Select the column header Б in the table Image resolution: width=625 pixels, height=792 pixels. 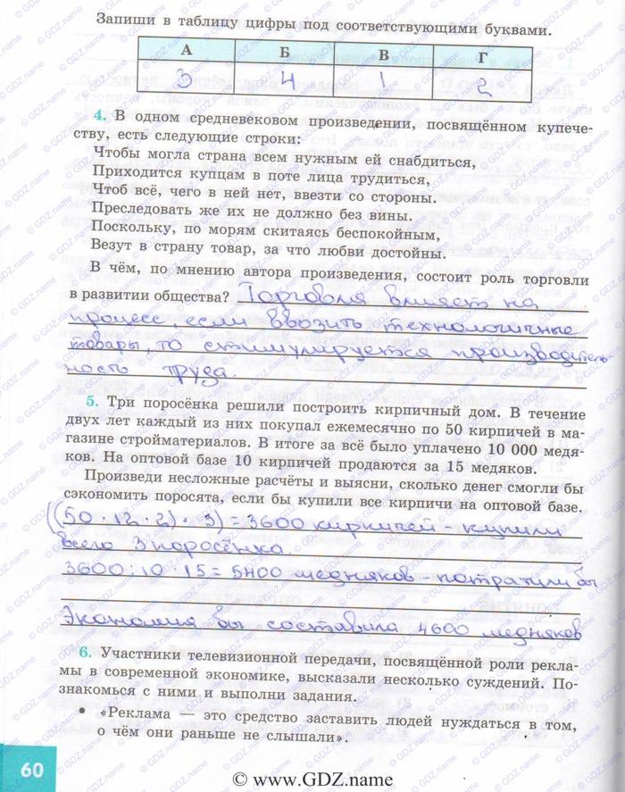(285, 52)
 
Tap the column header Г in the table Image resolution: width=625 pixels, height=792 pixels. (483, 56)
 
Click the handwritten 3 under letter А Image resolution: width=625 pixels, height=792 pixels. (185, 83)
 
